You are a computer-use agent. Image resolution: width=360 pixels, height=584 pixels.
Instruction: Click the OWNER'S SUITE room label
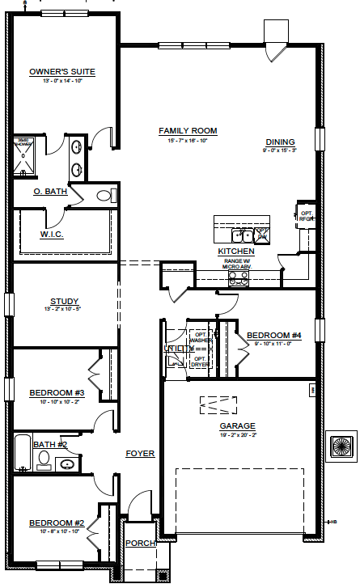61,72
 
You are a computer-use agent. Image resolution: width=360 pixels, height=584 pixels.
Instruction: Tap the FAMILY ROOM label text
188,130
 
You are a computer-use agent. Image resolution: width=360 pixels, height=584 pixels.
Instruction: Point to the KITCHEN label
236,252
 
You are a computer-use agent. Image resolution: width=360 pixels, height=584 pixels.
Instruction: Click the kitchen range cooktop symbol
239,278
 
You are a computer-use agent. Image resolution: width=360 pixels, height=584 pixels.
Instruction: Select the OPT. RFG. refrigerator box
305,214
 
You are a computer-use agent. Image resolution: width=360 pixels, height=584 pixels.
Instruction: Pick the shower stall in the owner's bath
24,159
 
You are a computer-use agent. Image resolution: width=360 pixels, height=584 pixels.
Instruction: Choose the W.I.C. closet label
52,235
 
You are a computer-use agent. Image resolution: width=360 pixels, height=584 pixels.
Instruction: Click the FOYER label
140,454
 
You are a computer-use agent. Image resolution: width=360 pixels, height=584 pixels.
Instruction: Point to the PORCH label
141,543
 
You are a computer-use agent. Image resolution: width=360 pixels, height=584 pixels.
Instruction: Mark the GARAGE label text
238,425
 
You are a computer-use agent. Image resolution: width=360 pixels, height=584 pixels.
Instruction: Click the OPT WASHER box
199,337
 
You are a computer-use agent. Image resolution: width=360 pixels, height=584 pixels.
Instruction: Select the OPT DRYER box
199,361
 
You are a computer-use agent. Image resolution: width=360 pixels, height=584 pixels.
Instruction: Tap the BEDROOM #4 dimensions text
273,344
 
